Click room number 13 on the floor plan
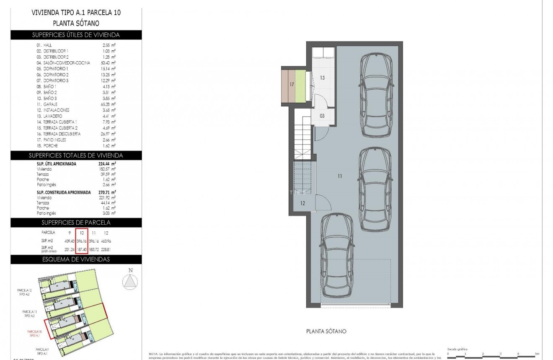tap(323, 78)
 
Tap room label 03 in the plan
tap(322, 116)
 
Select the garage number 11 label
tap(339, 176)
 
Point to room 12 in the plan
tap(302, 203)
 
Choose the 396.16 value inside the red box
tap(82, 241)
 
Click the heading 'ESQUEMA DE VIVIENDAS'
tap(76, 259)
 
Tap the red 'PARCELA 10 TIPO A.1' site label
tap(35, 334)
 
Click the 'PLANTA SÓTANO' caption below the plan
tap(326, 331)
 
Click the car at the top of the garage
tap(377, 95)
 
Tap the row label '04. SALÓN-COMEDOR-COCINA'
tap(63, 62)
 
